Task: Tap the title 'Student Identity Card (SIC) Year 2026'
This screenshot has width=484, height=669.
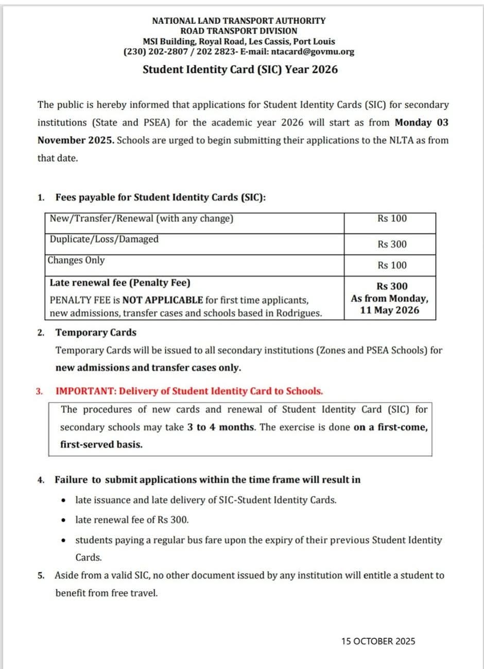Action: click(x=240, y=69)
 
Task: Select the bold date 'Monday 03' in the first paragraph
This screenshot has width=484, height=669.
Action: click(x=421, y=122)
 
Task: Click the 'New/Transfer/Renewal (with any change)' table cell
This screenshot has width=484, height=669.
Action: click(x=142, y=219)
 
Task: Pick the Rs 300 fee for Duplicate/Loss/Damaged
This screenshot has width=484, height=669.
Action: click(x=392, y=244)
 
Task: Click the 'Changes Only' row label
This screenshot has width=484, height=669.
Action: click(x=76, y=260)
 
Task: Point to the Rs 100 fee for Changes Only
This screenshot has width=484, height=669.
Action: click(x=392, y=265)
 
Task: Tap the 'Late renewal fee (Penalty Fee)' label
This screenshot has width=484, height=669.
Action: click(x=120, y=283)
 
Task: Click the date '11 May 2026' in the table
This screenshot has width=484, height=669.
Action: click(x=390, y=310)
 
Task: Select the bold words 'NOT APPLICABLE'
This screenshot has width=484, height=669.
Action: click(x=163, y=300)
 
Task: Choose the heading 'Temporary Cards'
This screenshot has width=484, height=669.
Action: click(x=96, y=332)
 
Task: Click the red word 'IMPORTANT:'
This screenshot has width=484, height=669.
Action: click(x=86, y=391)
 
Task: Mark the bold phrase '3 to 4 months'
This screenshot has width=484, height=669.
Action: click(x=221, y=427)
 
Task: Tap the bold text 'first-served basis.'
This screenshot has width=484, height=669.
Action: click(x=101, y=444)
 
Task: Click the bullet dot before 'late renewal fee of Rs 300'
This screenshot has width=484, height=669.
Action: click(x=63, y=520)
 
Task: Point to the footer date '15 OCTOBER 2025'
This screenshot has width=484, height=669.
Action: click(x=378, y=641)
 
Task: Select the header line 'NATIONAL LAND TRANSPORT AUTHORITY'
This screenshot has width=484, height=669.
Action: click(x=239, y=21)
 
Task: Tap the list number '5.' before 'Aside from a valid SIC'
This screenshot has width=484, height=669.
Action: click(x=41, y=575)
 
